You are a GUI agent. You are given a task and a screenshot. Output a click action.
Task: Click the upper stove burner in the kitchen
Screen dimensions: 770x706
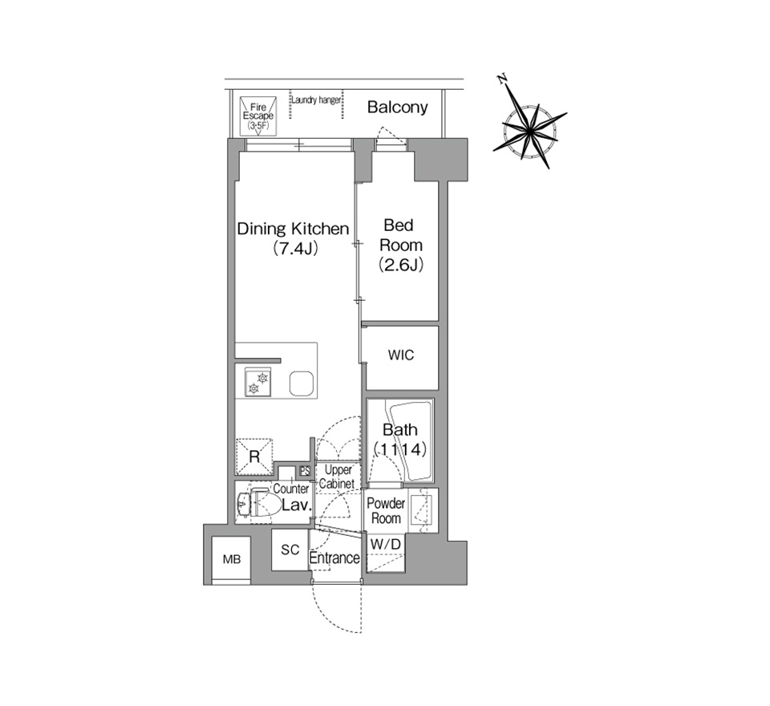pyautogui.click(x=263, y=378)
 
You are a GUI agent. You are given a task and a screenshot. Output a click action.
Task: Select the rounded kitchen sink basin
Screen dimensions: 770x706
pyautogui.click(x=302, y=383)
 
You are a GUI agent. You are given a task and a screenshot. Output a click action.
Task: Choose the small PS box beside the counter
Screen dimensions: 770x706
pyautogui.click(x=305, y=471)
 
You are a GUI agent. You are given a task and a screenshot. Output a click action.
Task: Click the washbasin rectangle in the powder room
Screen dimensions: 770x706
pyautogui.click(x=421, y=510)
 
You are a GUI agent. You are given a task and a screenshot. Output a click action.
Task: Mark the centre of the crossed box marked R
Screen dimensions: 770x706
pyautogui.click(x=254, y=456)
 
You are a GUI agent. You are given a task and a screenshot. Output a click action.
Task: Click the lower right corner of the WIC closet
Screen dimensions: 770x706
pyautogui.click(x=438, y=391)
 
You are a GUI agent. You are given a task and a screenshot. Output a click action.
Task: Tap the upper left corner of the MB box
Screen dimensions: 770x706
pyautogui.click(x=212, y=537)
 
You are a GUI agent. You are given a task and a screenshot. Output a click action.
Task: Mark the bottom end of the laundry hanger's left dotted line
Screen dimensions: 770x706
pyautogui.click(x=290, y=118)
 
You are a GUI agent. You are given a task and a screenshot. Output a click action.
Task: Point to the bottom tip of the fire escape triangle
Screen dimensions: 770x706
pyautogui.click(x=258, y=135)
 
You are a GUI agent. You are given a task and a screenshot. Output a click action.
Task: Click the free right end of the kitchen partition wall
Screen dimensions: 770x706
pyautogui.click(x=281, y=360)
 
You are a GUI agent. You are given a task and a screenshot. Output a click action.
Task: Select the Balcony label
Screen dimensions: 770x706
pyautogui.click(x=397, y=108)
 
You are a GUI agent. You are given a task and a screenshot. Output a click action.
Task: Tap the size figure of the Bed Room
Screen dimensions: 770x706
pyautogui.click(x=401, y=266)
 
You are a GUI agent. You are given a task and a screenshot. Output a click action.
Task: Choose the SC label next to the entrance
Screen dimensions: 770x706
pyautogui.click(x=290, y=550)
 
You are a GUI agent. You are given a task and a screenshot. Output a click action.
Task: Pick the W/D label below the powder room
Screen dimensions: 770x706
pyautogui.click(x=386, y=545)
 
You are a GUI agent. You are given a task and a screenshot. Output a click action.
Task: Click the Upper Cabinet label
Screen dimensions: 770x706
pyautogui.click(x=338, y=477)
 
